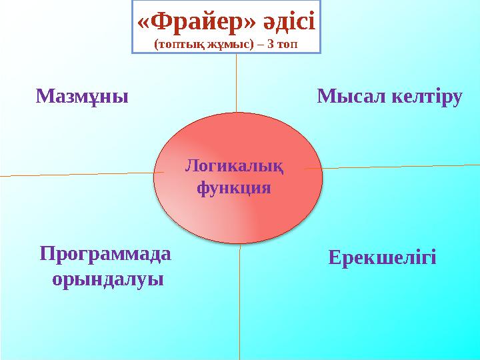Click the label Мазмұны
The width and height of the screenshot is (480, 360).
point(81,97)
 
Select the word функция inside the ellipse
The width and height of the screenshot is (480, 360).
point(234,187)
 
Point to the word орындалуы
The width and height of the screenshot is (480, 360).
point(107,278)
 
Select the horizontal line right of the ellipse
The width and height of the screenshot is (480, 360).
point(400,166)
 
